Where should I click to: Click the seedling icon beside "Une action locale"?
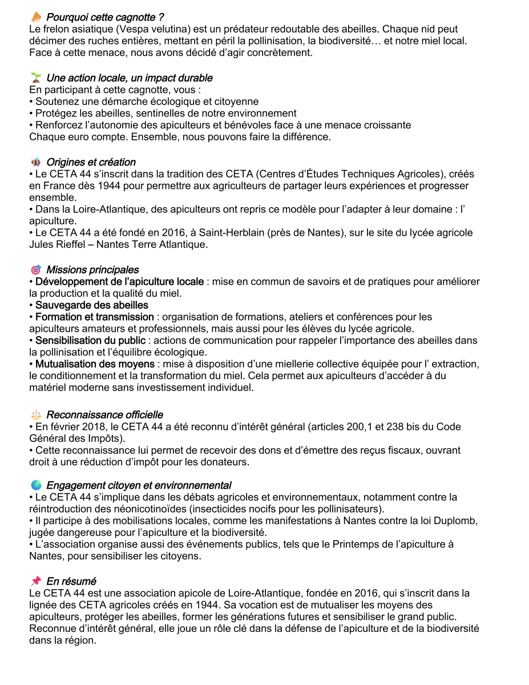[x=37, y=78]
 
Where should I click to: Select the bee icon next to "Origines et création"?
[x=37, y=162]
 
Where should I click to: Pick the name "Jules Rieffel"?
[x=59, y=245]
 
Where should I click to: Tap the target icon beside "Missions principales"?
[x=37, y=269]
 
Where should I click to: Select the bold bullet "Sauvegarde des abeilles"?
[x=91, y=305]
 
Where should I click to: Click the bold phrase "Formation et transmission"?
[x=94, y=317]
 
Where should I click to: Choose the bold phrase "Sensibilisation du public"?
[x=90, y=341]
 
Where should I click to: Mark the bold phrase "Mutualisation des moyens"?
[x=95, y=364]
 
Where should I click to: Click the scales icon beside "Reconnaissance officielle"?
[x=37, y=415]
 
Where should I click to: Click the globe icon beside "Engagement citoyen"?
[x=37, y=485]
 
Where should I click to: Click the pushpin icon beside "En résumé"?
[x=37, y=581]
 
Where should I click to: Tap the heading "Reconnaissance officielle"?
[x=104, y=415]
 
